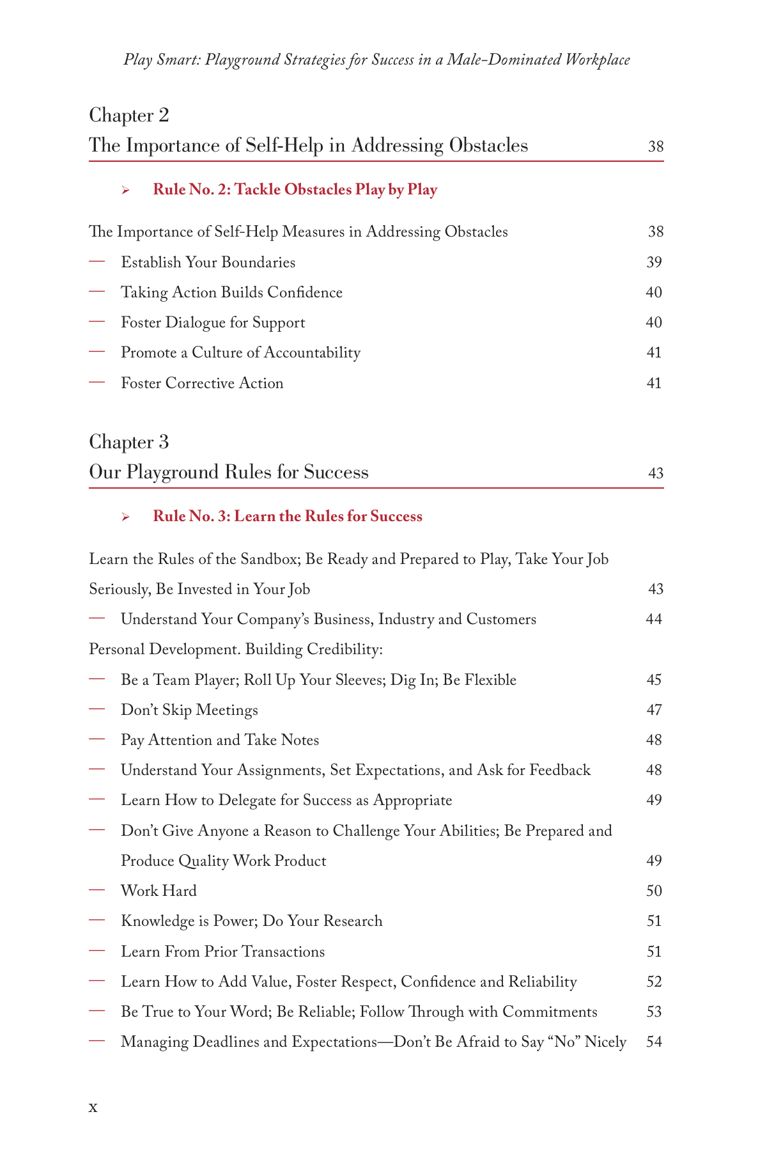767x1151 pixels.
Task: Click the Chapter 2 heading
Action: click(129, 116)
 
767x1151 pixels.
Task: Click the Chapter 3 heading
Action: click(129, 442)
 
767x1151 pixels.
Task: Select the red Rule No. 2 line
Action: click(295, 190)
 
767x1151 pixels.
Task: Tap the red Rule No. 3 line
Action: click(287, 517)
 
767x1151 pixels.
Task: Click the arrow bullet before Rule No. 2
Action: click(126, 191)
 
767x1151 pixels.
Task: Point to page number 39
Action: click(654, 263)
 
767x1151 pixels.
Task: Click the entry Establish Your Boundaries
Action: click(208, 263)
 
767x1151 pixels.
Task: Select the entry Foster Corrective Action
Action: click(202, 384)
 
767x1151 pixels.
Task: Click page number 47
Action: click(654, 710)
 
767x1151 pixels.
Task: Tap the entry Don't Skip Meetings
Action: click(189, 710)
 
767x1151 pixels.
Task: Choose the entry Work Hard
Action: click(159, 891)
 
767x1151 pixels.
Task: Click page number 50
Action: click(654, 891)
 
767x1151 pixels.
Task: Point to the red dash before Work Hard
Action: click(97, 890)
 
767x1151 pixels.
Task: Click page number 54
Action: click(654, 1042)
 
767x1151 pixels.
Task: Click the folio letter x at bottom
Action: click(93, 1107)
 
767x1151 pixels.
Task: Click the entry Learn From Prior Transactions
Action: click(222, 952)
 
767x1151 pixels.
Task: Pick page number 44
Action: click(654, 620)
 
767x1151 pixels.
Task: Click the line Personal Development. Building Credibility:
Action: click(236, 650)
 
